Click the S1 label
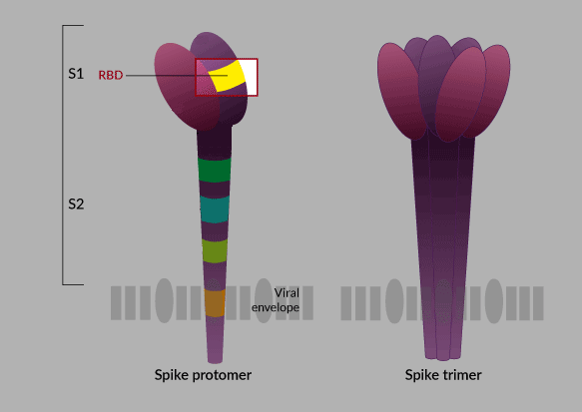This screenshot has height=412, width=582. pyautogui.click(x=76, y=74)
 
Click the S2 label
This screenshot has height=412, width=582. pyautogui.click(x=76, y=204)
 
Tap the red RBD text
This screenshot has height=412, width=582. pyautogui.click(x=111, y=75)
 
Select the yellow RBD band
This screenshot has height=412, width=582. pyautogui.click(x=227, y=77)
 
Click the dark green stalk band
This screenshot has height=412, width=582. pyautogui.click(x=215, y=170)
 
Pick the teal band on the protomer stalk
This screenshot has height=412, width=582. pyautogui.click(x=215, y=209)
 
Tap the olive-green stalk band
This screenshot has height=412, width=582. pyautogui.click(x=215, y=250)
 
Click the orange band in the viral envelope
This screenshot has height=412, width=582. pyautogui.click(x=215, y=303)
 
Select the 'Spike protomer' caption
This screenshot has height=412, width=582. pyautogui.click(x=203, y=375)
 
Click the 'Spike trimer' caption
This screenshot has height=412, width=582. pyautogui.click(x=443, y=375)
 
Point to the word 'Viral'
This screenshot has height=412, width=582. pyautogui.click(x=287, y=293)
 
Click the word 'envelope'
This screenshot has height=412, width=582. pyautogui.click(x=276, y=307)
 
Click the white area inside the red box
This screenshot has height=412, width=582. pyautogui.click(x=251, y=76)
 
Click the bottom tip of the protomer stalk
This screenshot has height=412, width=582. pyautogui.click(x=215, y=363)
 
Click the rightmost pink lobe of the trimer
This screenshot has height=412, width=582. pyautogui.click(x=490, y=91)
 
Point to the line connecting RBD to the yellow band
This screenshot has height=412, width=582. pyautogui.click(x=177, y=75)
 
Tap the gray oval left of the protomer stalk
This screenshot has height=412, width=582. pyautogui.click(x=164, y=300)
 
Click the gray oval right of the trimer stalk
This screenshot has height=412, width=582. pyautogui.click(x=494, y=301)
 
